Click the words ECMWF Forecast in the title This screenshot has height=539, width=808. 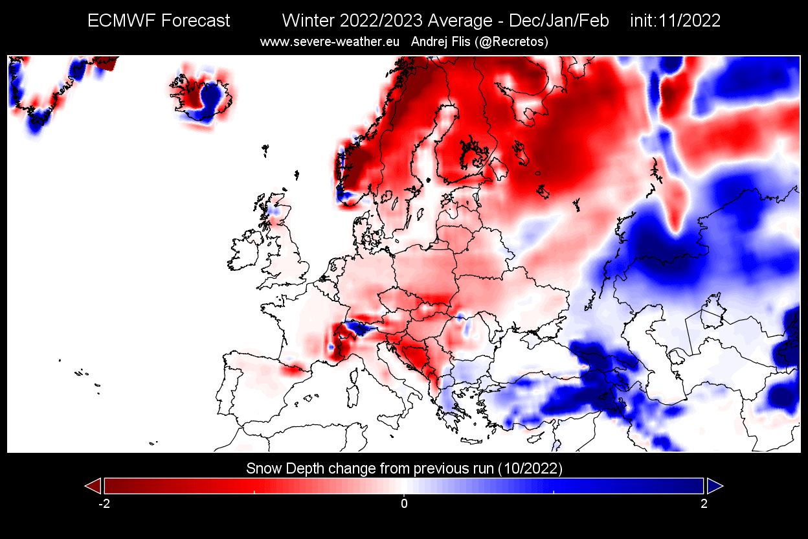[x=159, y=21]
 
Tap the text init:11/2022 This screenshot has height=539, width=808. [x=675, y=21]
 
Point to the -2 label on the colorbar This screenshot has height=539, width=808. [x=103, y=504]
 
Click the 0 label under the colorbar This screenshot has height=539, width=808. [x=404, y=504]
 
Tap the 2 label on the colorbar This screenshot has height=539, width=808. [x=704, y=504]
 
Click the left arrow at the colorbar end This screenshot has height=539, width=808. [x=93, y=485]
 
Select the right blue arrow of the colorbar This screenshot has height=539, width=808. [x=715, y=485]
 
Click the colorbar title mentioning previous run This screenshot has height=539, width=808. [x=404, y=468]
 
